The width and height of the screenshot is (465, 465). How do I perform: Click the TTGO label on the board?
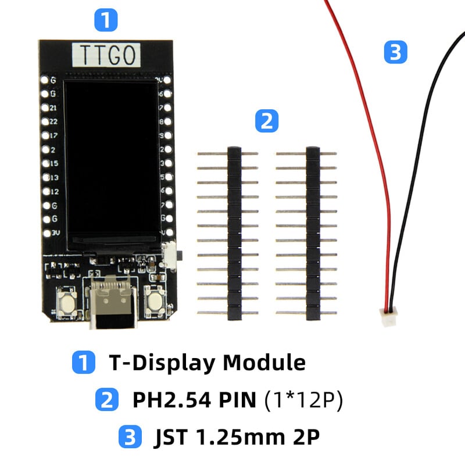106,55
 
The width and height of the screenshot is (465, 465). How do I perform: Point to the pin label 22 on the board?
53,122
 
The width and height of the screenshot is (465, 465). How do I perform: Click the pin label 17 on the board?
53,136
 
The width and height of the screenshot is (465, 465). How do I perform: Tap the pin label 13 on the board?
53,177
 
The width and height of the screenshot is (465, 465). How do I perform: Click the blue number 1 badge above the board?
105,20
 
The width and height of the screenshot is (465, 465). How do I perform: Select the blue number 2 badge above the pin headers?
267,121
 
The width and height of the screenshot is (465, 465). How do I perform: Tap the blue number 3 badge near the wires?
395,53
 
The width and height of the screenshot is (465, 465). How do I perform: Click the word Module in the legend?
264,362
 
